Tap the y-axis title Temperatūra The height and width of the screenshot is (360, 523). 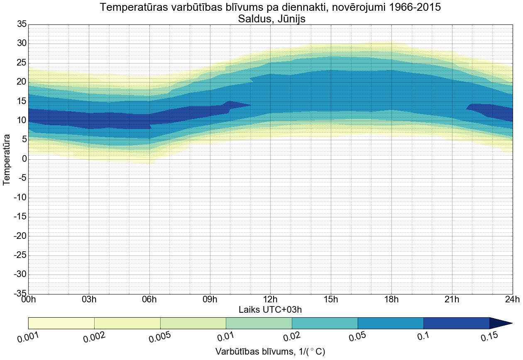click(7, 159)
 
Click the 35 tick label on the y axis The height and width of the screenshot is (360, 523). click(22, 24)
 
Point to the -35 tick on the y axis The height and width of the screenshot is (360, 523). click(20, 294)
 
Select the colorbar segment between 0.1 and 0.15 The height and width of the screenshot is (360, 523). click(457, 323)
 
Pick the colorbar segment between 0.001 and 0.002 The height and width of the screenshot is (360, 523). click(61, 323)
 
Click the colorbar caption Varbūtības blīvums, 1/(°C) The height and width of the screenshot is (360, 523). click(270, 352)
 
